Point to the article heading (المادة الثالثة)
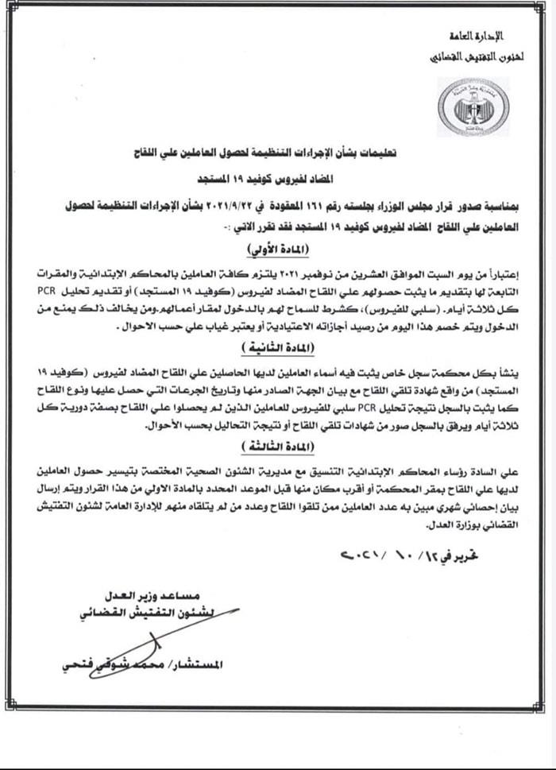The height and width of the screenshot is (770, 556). (277, 447)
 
